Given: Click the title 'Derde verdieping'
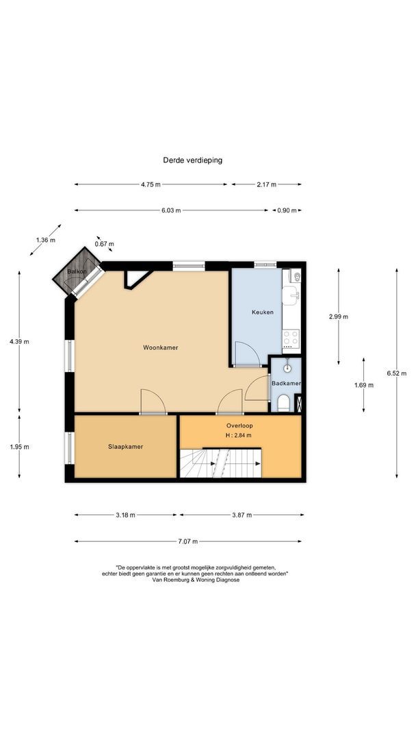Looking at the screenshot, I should (x=192, y=160).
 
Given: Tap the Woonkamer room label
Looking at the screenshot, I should (x=160, y=347).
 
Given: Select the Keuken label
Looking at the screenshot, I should (x=262, y=312).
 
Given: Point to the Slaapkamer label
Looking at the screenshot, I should (x=125, y=447).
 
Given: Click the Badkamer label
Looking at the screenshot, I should (x=287, y=384).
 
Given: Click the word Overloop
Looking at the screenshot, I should (x=239, y=425).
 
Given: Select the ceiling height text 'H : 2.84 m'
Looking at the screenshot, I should (x=239, y=435).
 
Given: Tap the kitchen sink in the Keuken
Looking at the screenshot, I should (x=292, y=295).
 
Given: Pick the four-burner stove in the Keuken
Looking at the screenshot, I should (x=291, y=337).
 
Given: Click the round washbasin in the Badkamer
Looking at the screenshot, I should (x=289, y=365).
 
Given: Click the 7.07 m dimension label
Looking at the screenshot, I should (x=187, y=541).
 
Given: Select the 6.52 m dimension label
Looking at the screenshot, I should (x=396, y=373).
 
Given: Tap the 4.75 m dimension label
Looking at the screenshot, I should (x=151, y=184).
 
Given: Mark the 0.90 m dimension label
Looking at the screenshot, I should (x=287, y=210).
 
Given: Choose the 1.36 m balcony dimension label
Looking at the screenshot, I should (x=45, y=241).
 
